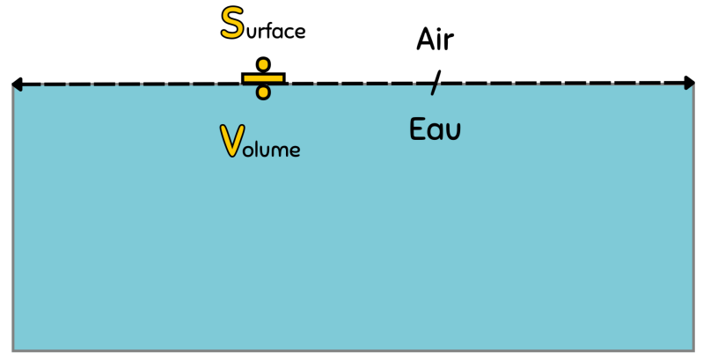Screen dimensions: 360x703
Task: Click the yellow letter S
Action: (232, 24)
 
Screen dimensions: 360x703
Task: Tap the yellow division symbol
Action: (262, 78)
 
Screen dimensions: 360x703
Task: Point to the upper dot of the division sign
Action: (262, 64)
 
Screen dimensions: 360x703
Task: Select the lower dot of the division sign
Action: (262, 92)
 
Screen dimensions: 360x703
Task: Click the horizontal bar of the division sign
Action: (262, 77)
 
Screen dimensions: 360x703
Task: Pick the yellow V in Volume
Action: (231, 141)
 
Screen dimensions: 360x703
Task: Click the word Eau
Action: (435, 129)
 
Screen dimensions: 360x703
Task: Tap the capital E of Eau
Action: (418, 129)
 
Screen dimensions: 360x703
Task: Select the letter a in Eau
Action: (436, 132)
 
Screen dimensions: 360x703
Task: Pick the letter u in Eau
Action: (452, 132)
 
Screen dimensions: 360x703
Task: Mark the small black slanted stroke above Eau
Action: (433, 89)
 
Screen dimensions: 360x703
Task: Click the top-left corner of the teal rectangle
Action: (15, 88)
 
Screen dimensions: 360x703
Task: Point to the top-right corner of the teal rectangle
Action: (691, 88)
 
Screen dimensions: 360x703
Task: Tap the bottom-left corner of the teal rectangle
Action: (15, 349)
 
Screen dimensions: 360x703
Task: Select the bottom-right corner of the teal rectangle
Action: (691, 349)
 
